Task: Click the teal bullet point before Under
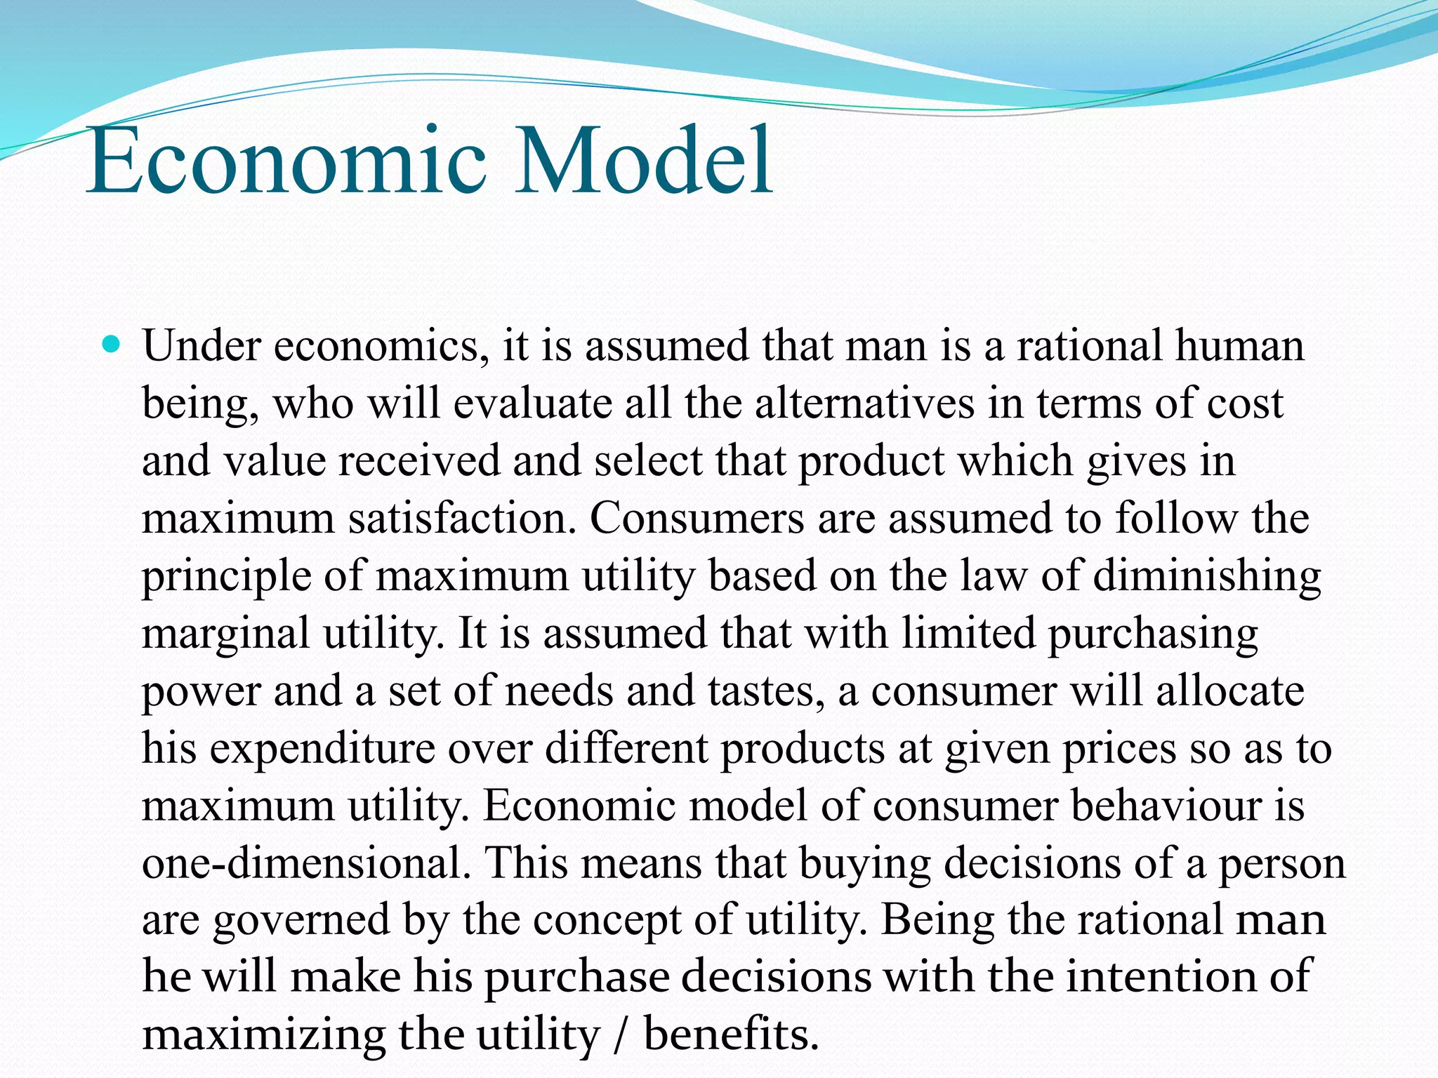[x=112, y=345]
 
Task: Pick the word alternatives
[x=864, y=404]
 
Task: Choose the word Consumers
[x=697, y=519]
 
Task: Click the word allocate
[x=1229, y=691]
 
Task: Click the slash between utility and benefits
[x=620, y=1035]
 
